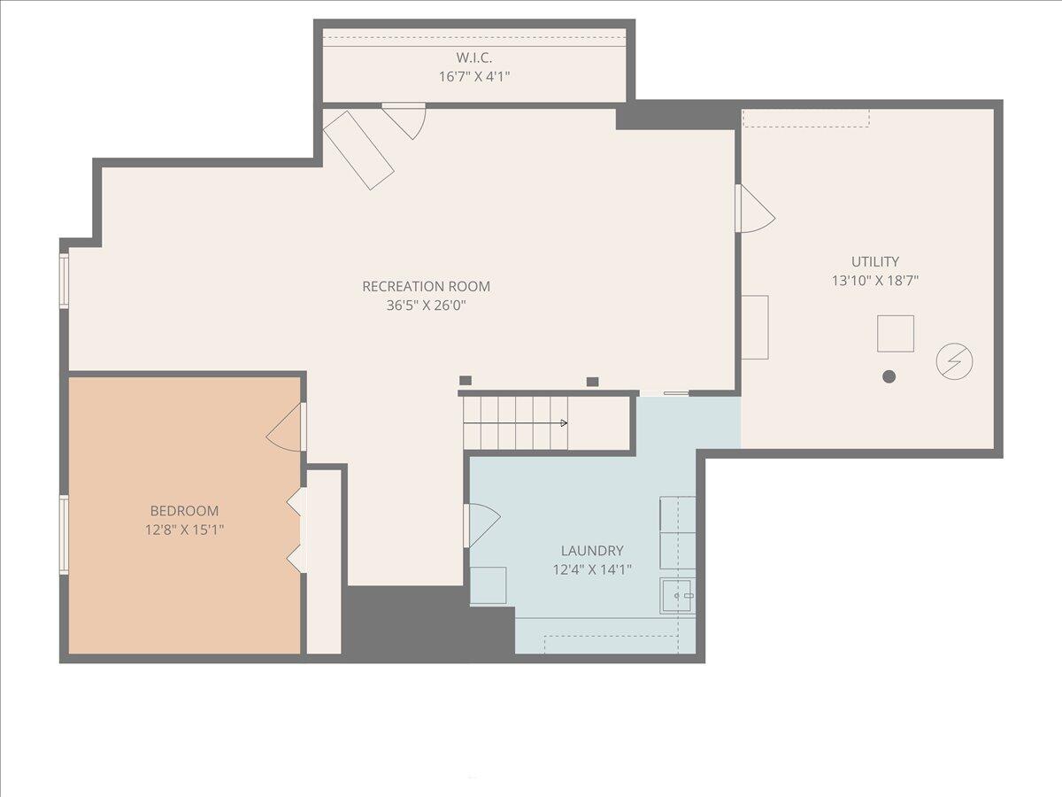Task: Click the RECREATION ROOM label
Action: pyautogui.click(x=426, y=286)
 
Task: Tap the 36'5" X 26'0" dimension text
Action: pyautogui.click(x=426, y=306)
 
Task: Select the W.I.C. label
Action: pyautogui.click(x=473, y=58)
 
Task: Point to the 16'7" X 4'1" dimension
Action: pyautogui.click(x=473, y=76)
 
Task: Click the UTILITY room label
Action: pyautogui.click(x=874, y=261)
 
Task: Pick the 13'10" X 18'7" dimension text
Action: pyautogui.click(x=874, y=281)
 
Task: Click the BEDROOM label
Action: pyautogui.click(x=184, y=511)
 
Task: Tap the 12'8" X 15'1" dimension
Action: pyautogui.click(x=184, y=530)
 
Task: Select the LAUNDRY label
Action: pyautogui.click(x=592, y=551)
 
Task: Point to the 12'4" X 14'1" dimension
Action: pyautogui.click(x=592, y=569)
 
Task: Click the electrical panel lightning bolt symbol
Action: pyautogui.click(x=954, y=361)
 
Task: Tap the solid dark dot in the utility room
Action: pyautogui.click(x=889, y=376)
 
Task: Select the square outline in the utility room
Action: pyautogui.click(x=895, y=333)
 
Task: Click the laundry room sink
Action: pyautogui.click(x=678, y=596)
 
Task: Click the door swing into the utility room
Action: pyautogui.click(x=754, y=211)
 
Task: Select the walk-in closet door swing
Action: pyautogui.click(x=407, y=118)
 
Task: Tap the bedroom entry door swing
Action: pyautogui.click(x=287, y=429)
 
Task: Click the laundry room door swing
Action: pyautogui.click(x=481, y=524)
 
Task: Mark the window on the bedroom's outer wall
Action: pyautogui.click(x=64, y=534)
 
